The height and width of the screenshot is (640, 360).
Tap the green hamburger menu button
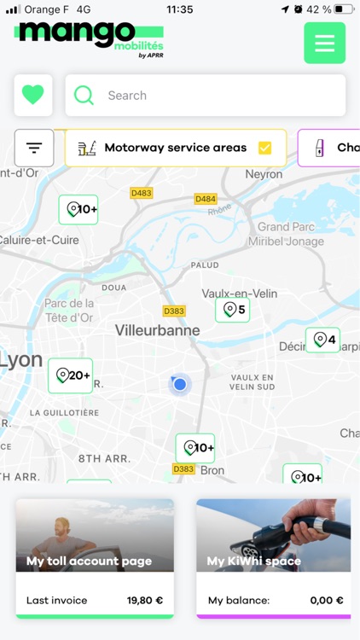[324, 44]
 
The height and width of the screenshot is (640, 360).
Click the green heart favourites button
[33, 96]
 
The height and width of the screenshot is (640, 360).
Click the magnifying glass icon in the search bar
[84, 96]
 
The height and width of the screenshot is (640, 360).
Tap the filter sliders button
[34, 148]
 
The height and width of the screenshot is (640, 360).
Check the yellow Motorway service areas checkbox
[264, 148]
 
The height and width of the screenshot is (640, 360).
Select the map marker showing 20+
[70, 375]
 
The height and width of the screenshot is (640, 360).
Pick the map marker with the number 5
[232, 310]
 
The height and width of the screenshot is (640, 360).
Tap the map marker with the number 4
[322, 340]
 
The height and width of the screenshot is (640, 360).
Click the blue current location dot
[180, 385]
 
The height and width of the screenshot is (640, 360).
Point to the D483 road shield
[141, 194]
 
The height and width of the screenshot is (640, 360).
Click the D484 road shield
[206, 199]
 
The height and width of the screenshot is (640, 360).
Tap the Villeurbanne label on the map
[158, 330]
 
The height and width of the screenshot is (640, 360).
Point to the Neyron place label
[264, 174]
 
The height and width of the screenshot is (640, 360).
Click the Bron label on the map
[212, 470]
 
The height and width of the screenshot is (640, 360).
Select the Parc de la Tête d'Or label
[69, 311]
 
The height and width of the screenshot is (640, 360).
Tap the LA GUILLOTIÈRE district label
[64, 413]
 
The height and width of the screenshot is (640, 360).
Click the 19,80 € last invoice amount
[144, 601]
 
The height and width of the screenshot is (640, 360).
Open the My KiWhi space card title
[254, 561]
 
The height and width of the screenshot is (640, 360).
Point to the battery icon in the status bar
[344, 9]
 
